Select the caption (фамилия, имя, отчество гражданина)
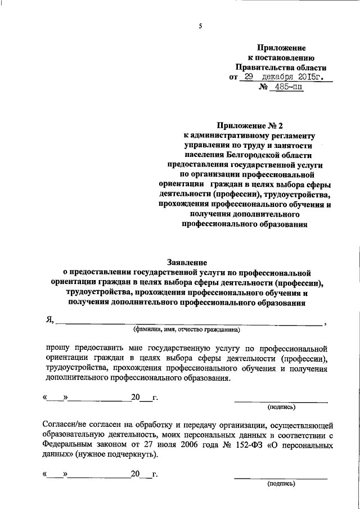point(186,330)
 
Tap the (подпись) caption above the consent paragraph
point(281,406)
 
